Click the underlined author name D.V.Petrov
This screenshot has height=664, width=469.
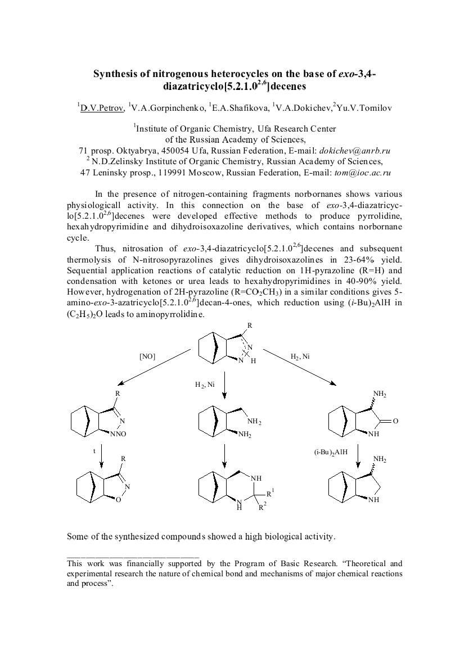coord(102,108)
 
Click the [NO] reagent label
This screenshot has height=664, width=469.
coord(147,356)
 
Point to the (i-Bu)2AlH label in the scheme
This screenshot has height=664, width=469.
coord(331,451)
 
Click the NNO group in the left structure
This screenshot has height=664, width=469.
coord(118,434)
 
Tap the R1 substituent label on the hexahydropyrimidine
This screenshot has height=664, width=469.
coord(270,493)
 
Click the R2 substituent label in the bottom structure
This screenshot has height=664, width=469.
coord(261,508)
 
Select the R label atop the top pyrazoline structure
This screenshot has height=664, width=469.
coord(250,325)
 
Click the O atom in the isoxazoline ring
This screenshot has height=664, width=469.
coord(118,499)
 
